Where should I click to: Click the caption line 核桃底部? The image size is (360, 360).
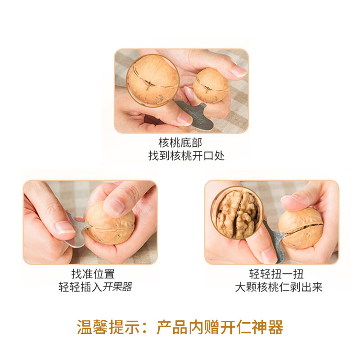180,143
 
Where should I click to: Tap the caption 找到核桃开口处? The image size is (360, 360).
186,156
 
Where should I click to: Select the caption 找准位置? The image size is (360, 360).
93,274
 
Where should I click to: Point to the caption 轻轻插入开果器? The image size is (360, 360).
95,287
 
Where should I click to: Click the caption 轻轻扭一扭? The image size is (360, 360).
276,274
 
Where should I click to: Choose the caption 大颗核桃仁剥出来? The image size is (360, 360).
279,287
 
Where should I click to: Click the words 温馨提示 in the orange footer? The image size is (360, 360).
108,327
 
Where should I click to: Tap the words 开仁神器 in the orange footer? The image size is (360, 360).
252,327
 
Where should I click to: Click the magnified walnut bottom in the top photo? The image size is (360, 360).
153,81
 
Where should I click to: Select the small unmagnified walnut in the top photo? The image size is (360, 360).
211,85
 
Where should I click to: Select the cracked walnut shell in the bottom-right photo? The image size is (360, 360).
301,229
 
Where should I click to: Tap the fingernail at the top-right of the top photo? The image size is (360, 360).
239,71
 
